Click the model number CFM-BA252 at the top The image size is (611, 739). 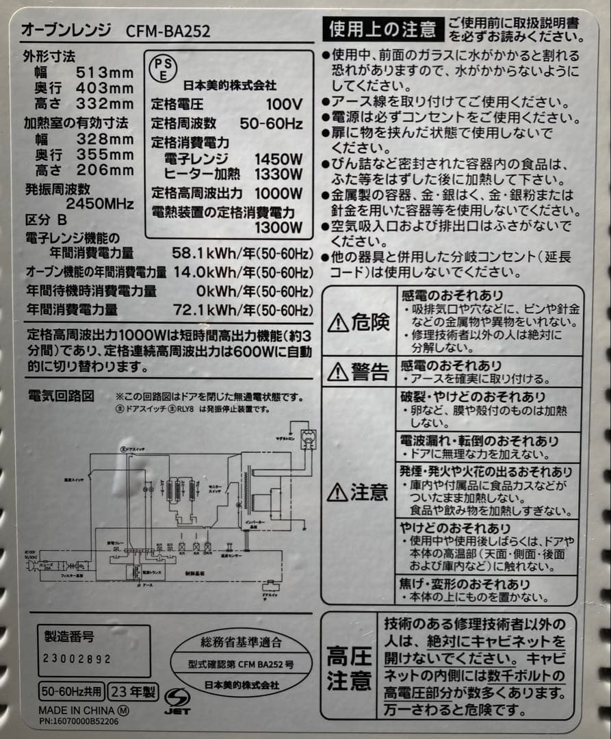point(168,31)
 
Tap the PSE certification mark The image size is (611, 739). point(162,68)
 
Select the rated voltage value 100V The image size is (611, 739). point(284,105)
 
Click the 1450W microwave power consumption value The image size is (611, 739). point(278,159)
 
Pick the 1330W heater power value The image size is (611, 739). point(278,175)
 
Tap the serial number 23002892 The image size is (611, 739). point(77,658)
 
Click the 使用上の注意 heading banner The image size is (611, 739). point(382,29)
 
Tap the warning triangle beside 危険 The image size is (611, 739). point(338,322)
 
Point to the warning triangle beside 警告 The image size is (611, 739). point(338,372)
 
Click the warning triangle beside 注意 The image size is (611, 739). point(338,492)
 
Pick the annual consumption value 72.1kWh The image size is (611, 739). point(201,310)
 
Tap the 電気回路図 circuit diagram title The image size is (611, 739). point(60,396)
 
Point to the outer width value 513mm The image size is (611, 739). point(105,73)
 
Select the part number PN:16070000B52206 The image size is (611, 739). point(78,721)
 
